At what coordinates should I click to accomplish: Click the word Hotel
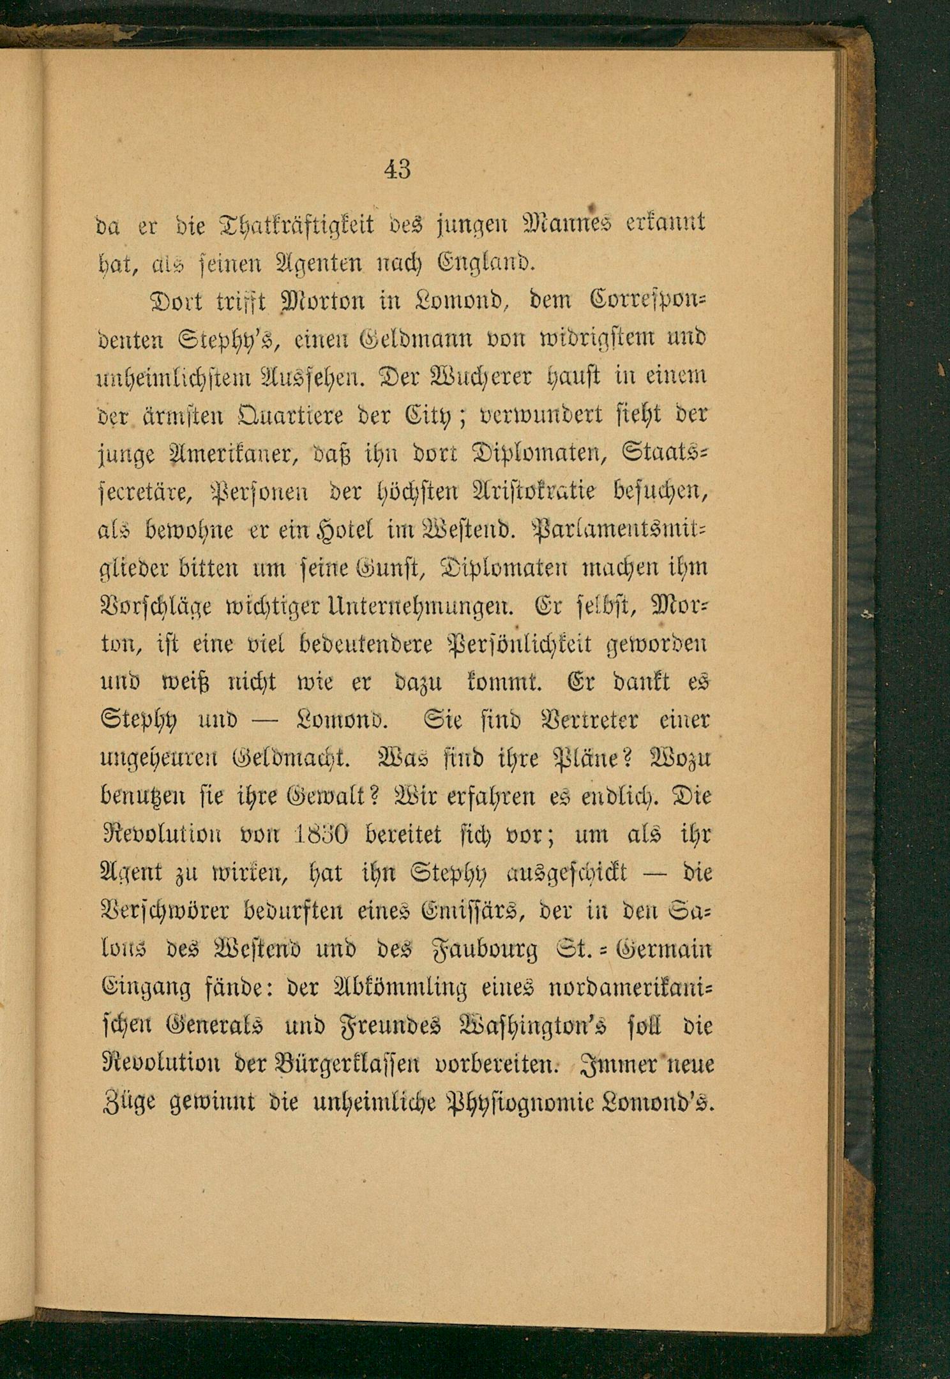(344, 530)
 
